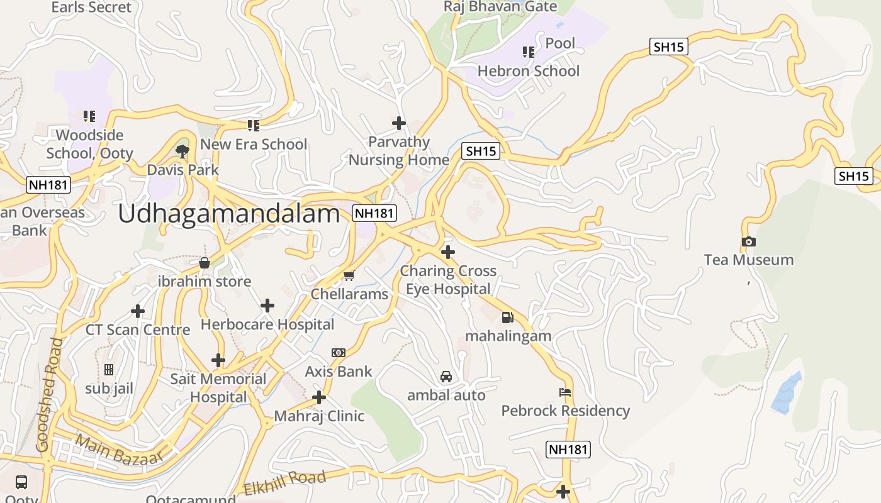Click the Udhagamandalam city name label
pyautogui.click(x=228, y=214)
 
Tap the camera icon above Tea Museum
pyautogui.click(x=748, y=241)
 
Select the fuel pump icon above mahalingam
pyautogui.click(x=507, y=318)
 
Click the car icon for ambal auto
pyautogui.click(x=446, y=377)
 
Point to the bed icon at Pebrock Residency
pyautogui.click(x=565, y=392)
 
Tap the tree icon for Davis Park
pyautogui.click(x=182, y=151)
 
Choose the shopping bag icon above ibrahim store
pyautogui.click(x=204, y=262)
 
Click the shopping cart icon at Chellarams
pyautogui.click(x=349, y=275)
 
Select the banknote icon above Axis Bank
pyautogui.click(x=339, y=353)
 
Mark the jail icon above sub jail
pyautogui.click(x=109, y=370)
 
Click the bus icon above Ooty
pyautogui.click(x=21, y=482)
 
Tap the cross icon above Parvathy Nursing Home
pyautogui.click(x=398, y=123)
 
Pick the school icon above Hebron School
pyautogui.click(x=528, y=52)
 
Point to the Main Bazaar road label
pyautogui.click(x=119, y=450)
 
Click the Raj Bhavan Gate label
pyautogui.click(x=500, y=7)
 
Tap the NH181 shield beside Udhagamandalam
pyautogui.click(x=374, y=213)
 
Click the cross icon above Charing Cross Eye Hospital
pyautogui.click(x=447, y=252)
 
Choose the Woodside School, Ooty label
pyautogui.click(x=90, y=144)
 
